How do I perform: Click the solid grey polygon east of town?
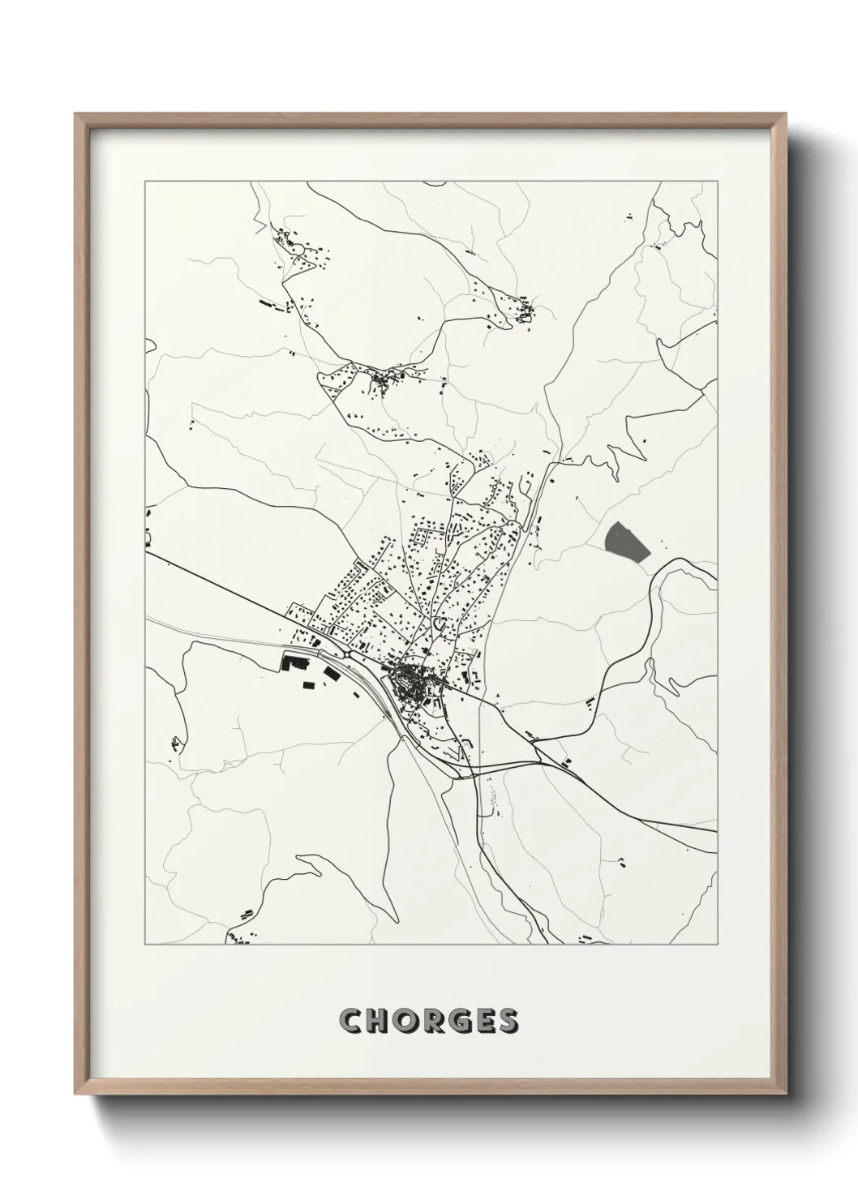(x=626, y=542)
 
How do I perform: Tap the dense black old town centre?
(x=407, y=678)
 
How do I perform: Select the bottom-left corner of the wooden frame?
(x=76, y=1095)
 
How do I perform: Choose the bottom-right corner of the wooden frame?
(x=786, y=1095)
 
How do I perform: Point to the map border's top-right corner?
(x=717, y=182)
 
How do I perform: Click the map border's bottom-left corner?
(x=145, y=945)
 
